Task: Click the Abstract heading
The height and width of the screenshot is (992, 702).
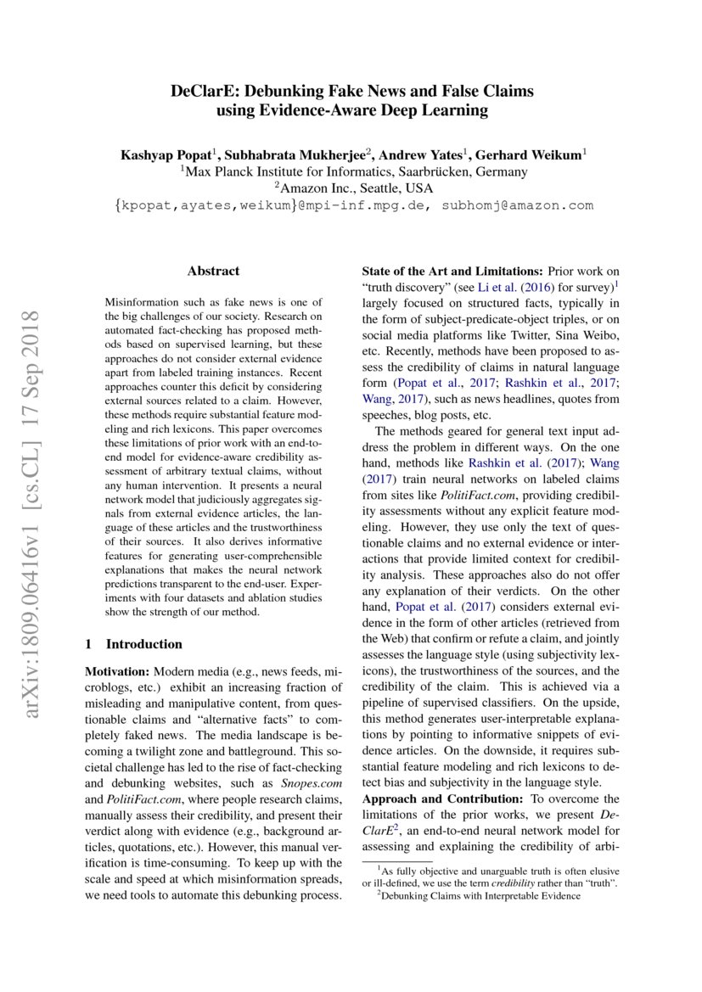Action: pyautogui.click(x=213, y=272)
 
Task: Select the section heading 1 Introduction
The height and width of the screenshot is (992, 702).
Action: pyautogui.click(x=134, y=644)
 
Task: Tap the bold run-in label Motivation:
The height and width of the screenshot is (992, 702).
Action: pyautogui.click(x=118, y=670)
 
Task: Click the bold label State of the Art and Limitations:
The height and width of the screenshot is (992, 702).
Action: pyautogui.click(x=453, y=271)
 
